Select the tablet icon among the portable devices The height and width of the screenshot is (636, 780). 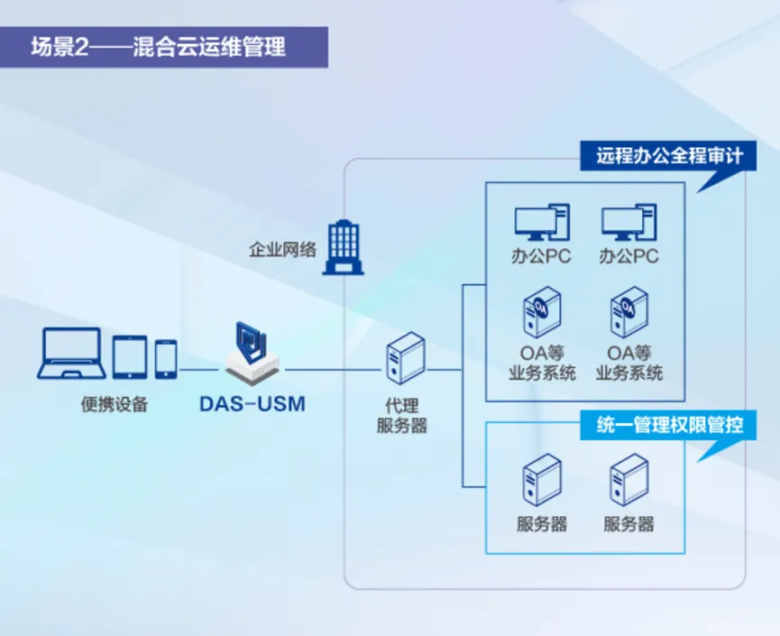click(130, 357)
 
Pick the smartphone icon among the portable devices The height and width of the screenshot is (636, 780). click(165, 359)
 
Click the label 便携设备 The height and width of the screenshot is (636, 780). click(114, 405)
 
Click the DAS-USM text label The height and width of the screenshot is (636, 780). click(252, 404)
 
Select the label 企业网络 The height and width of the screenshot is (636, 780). click(282, 249)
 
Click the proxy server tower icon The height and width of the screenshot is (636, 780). click(404, 359)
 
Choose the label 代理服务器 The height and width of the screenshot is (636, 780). click(402, 416)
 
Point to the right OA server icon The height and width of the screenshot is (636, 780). click(629, 311)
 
